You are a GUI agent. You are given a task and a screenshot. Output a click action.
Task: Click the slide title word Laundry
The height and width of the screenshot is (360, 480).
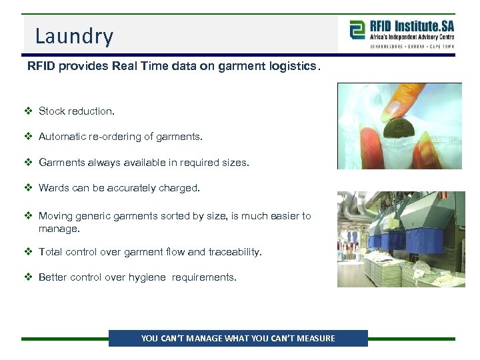pyautogui.click(x=74, y=36)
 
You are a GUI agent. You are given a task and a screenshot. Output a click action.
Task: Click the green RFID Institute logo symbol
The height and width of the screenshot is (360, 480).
pyautogui.click(x=357, y=30)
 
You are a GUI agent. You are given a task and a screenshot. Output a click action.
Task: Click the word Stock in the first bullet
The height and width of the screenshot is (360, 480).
pyautogui.click(x=52, y=111)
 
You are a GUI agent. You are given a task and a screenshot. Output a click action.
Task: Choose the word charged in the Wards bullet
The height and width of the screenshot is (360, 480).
pyautogui.click(x=180, y=188)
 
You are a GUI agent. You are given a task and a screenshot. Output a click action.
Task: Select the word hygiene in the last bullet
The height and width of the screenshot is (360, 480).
pyautogui.click(x=147, y=277)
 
